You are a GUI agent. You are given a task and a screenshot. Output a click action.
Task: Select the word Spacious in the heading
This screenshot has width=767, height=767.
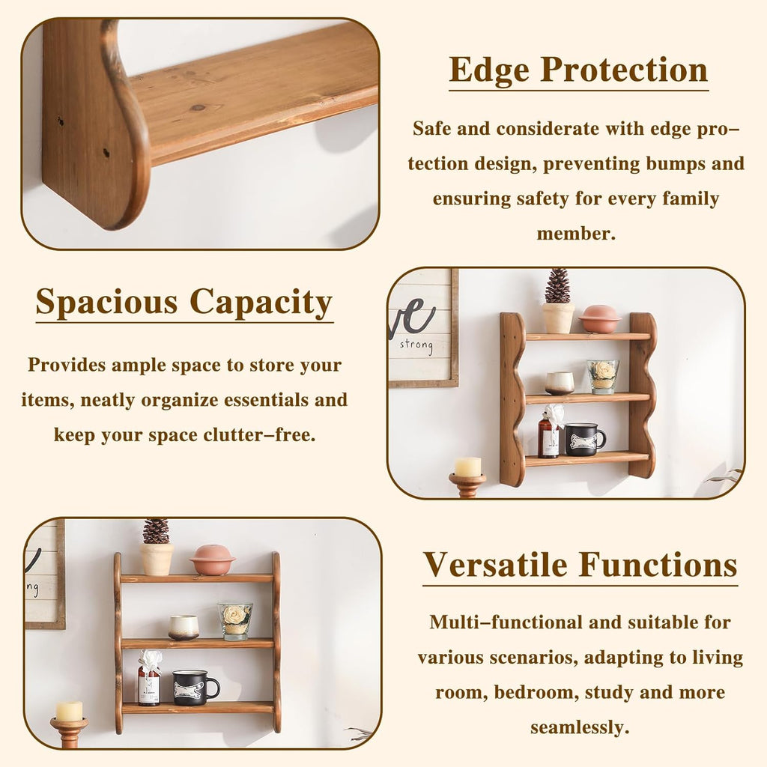106,303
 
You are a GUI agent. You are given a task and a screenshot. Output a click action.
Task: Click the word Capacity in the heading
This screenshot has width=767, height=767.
261,303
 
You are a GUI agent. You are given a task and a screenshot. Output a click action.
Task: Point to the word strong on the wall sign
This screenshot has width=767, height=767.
416,345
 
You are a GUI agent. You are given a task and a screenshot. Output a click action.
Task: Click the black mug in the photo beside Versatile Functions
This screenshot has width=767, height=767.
195,688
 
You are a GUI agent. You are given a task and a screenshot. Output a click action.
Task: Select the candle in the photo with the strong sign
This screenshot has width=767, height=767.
467,467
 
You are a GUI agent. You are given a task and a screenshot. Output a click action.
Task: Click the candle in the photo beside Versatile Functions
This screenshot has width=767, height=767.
69,711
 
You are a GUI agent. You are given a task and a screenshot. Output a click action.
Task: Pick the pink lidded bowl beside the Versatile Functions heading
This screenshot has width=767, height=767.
212,560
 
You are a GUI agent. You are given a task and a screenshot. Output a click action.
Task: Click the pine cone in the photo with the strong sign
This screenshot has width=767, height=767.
557,286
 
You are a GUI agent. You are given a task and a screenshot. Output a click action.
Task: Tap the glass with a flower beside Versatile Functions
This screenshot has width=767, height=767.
235,621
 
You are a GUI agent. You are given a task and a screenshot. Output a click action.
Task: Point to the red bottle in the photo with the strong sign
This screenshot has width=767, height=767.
548,439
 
